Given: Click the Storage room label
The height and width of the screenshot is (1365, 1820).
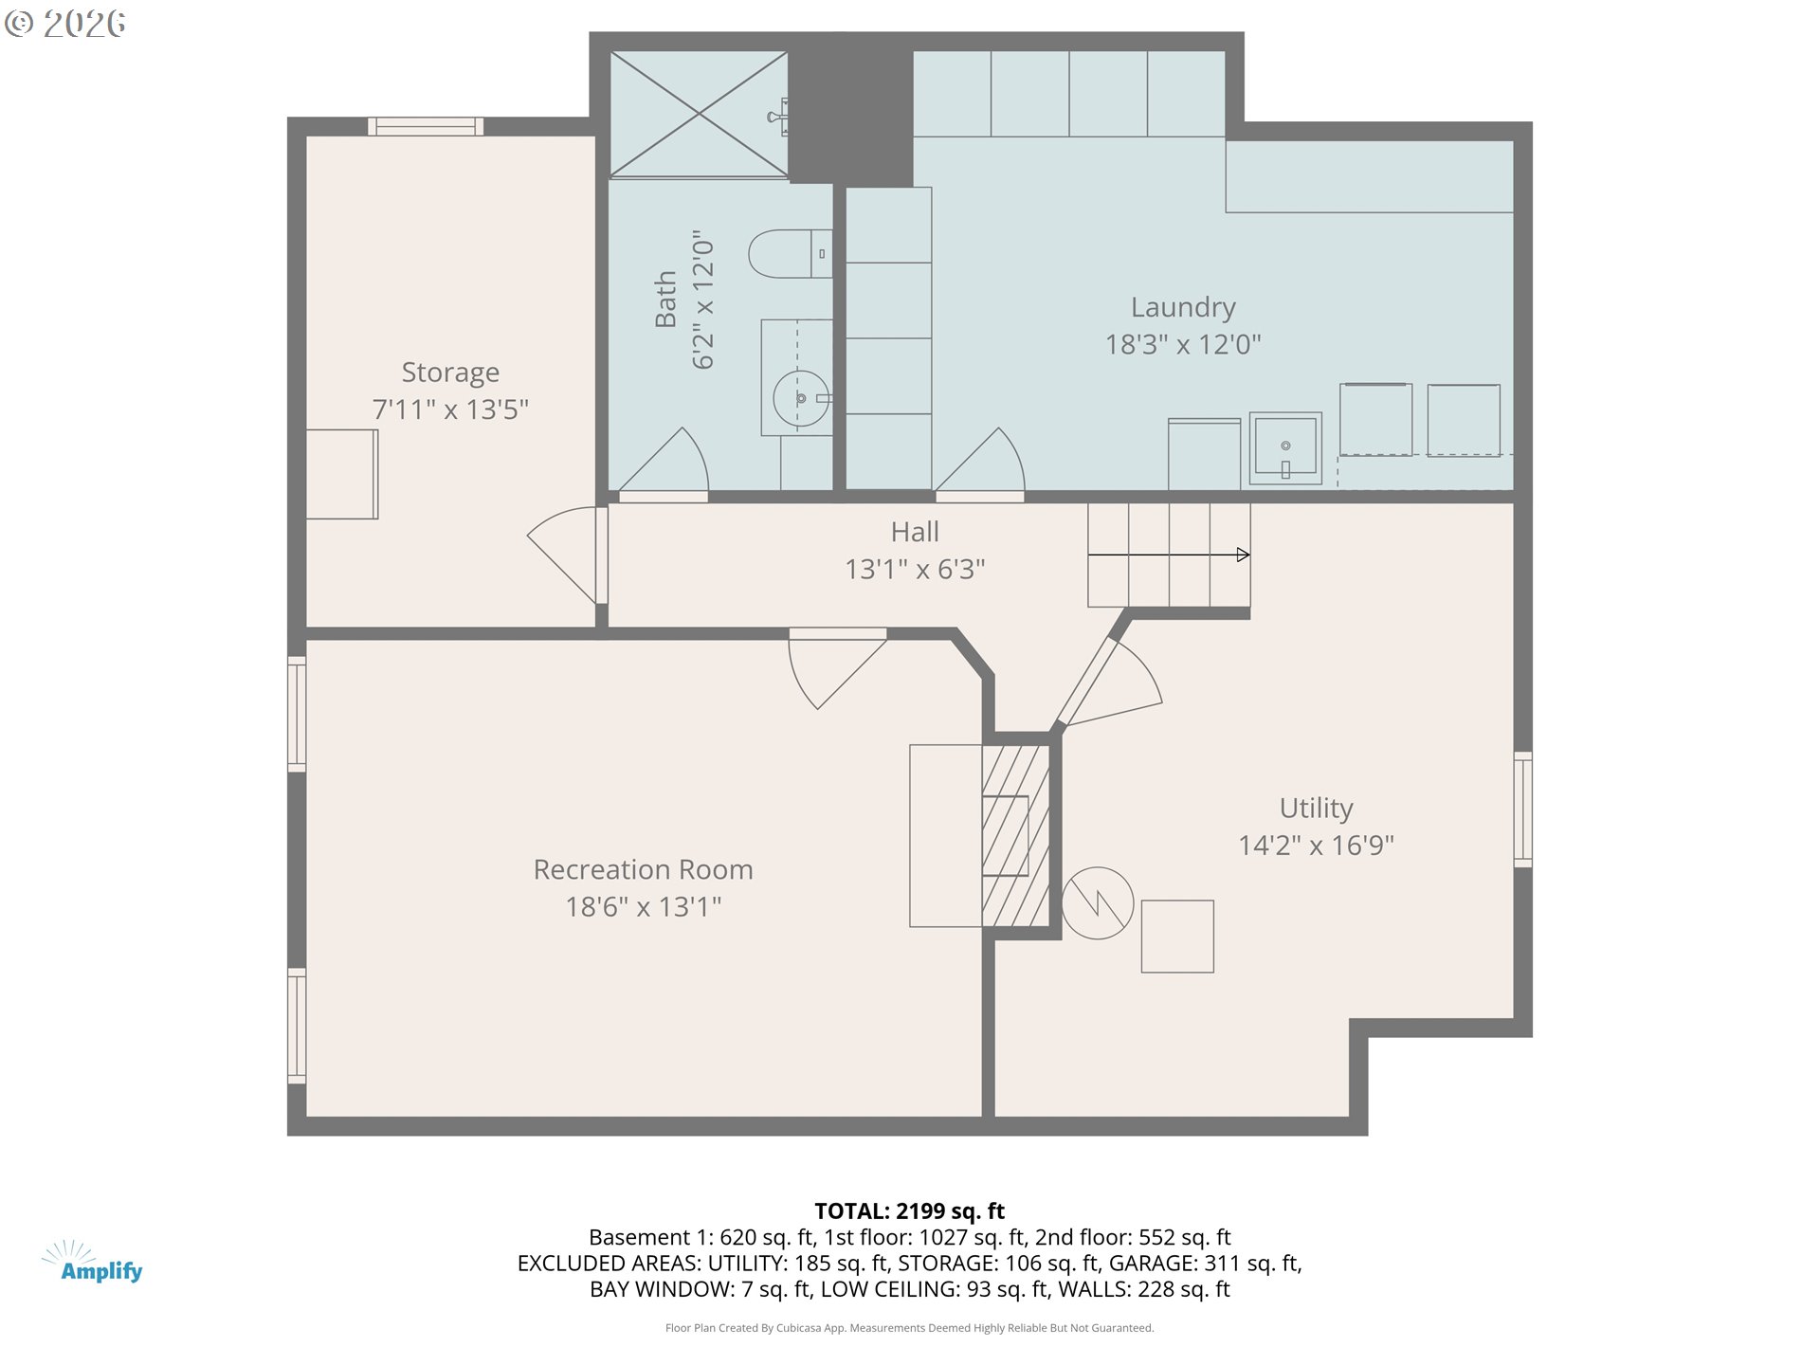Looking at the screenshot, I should (450, 373).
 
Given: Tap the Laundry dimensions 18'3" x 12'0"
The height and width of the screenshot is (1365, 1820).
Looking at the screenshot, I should (1182, 344).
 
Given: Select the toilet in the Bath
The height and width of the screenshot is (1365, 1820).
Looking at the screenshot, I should (789, 254).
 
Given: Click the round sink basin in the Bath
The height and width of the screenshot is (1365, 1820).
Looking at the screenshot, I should (800, 399).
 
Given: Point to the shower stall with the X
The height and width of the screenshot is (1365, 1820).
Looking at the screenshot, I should (699, 114).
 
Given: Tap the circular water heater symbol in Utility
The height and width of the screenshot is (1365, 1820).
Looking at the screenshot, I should (1097, 902).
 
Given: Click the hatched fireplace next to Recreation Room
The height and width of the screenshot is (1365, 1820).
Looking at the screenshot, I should (1015, 835).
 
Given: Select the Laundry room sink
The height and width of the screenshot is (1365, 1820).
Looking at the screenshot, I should (1284, 447).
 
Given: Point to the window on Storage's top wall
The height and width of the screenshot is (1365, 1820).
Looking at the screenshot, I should (426, 126).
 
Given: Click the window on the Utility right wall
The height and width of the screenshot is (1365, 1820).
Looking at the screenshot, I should (1522, 809).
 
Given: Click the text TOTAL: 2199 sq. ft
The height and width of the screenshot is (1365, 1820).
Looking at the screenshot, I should (909, 1210).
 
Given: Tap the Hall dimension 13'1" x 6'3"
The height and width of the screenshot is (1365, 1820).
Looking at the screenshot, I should (915, 569).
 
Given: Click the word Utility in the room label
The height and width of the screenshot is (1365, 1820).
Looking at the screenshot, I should (1316, 808).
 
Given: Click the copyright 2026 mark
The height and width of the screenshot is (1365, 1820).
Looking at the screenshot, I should (65, 23).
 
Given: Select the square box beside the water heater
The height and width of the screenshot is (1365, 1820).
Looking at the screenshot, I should (1176, 936).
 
